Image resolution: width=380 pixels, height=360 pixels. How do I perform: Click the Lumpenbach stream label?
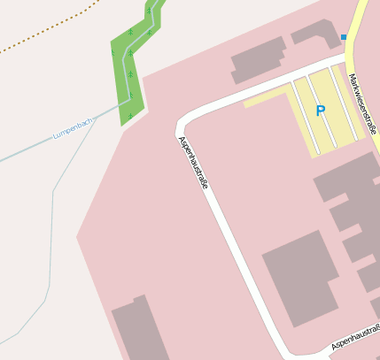tap(73, 127)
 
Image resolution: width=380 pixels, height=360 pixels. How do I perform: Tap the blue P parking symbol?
tap(321, 111)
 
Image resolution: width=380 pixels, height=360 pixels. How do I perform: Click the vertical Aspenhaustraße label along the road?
tap(195, 164)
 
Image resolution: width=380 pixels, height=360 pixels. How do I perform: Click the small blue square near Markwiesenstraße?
tap(344, 37)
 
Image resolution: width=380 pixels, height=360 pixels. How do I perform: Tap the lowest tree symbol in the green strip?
tap(130, 115)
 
